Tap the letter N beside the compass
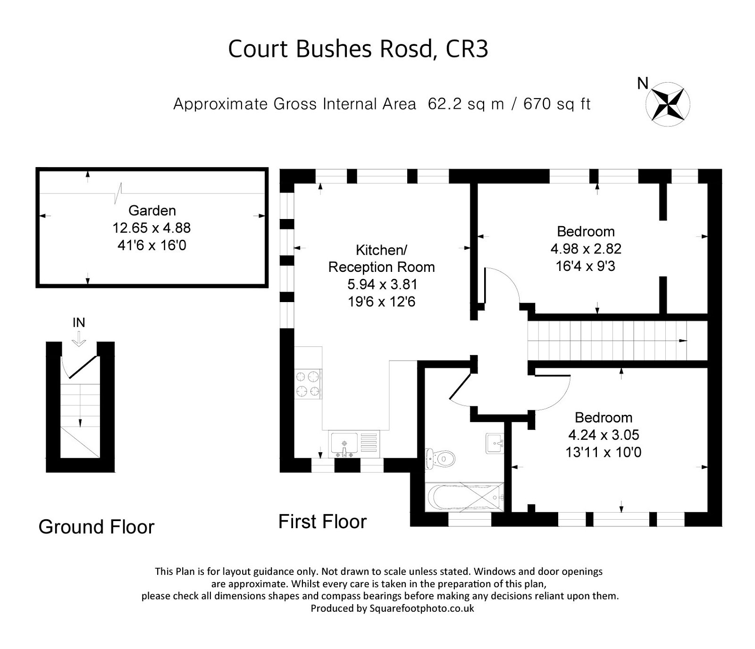click(x=643, y=84)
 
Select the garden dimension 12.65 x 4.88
click(x=151, y=228)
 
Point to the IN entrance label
click(x=79, y=322)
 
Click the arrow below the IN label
click(x=79, y=338)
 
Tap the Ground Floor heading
click(x=96, y=527)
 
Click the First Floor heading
click(x=322, y=522)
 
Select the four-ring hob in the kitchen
click(x=308, y=384)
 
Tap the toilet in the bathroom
click(x=441, y=458)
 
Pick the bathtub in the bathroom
click(x=465, y=497)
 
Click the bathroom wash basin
click(x=495, y=443)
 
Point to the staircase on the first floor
click(x=609, y=340)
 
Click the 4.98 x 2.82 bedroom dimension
click(x=586, y=249)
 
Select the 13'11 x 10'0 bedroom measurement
click(x=603, y=452)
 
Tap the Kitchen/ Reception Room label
click(x=381, y=258)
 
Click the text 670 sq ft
click(x=557, y=104)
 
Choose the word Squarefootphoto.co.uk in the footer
click(x=422, y=608)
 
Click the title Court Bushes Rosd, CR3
click(x=358, y=49)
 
